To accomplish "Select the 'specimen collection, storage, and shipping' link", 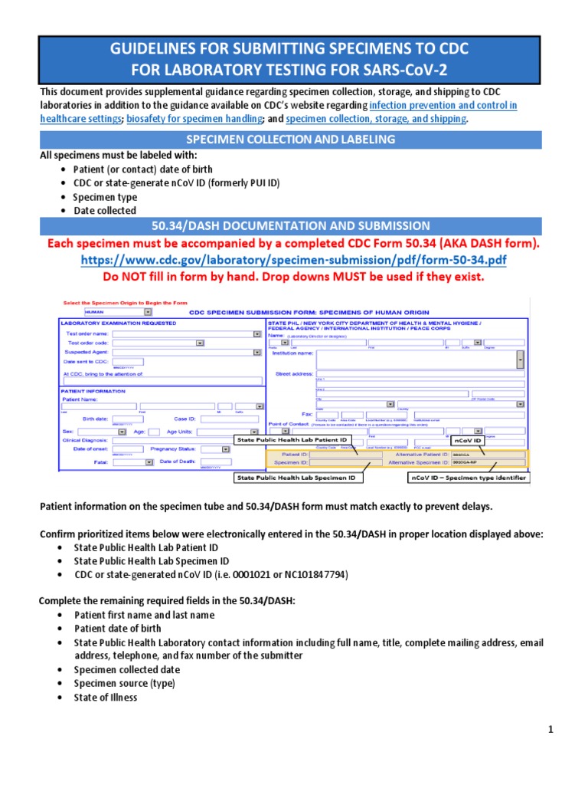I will coord(375,119).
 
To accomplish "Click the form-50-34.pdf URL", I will coord(294,261).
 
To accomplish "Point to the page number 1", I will coord(550,730).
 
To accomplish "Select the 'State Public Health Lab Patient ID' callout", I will coord(292,440).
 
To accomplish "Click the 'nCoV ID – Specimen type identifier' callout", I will coord(466,478).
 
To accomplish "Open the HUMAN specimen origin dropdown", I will coord(118,312).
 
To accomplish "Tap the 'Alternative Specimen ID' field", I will coord(488,463).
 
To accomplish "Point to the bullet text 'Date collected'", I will coord(104,211).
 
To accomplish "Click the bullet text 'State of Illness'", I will coord(106,698).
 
